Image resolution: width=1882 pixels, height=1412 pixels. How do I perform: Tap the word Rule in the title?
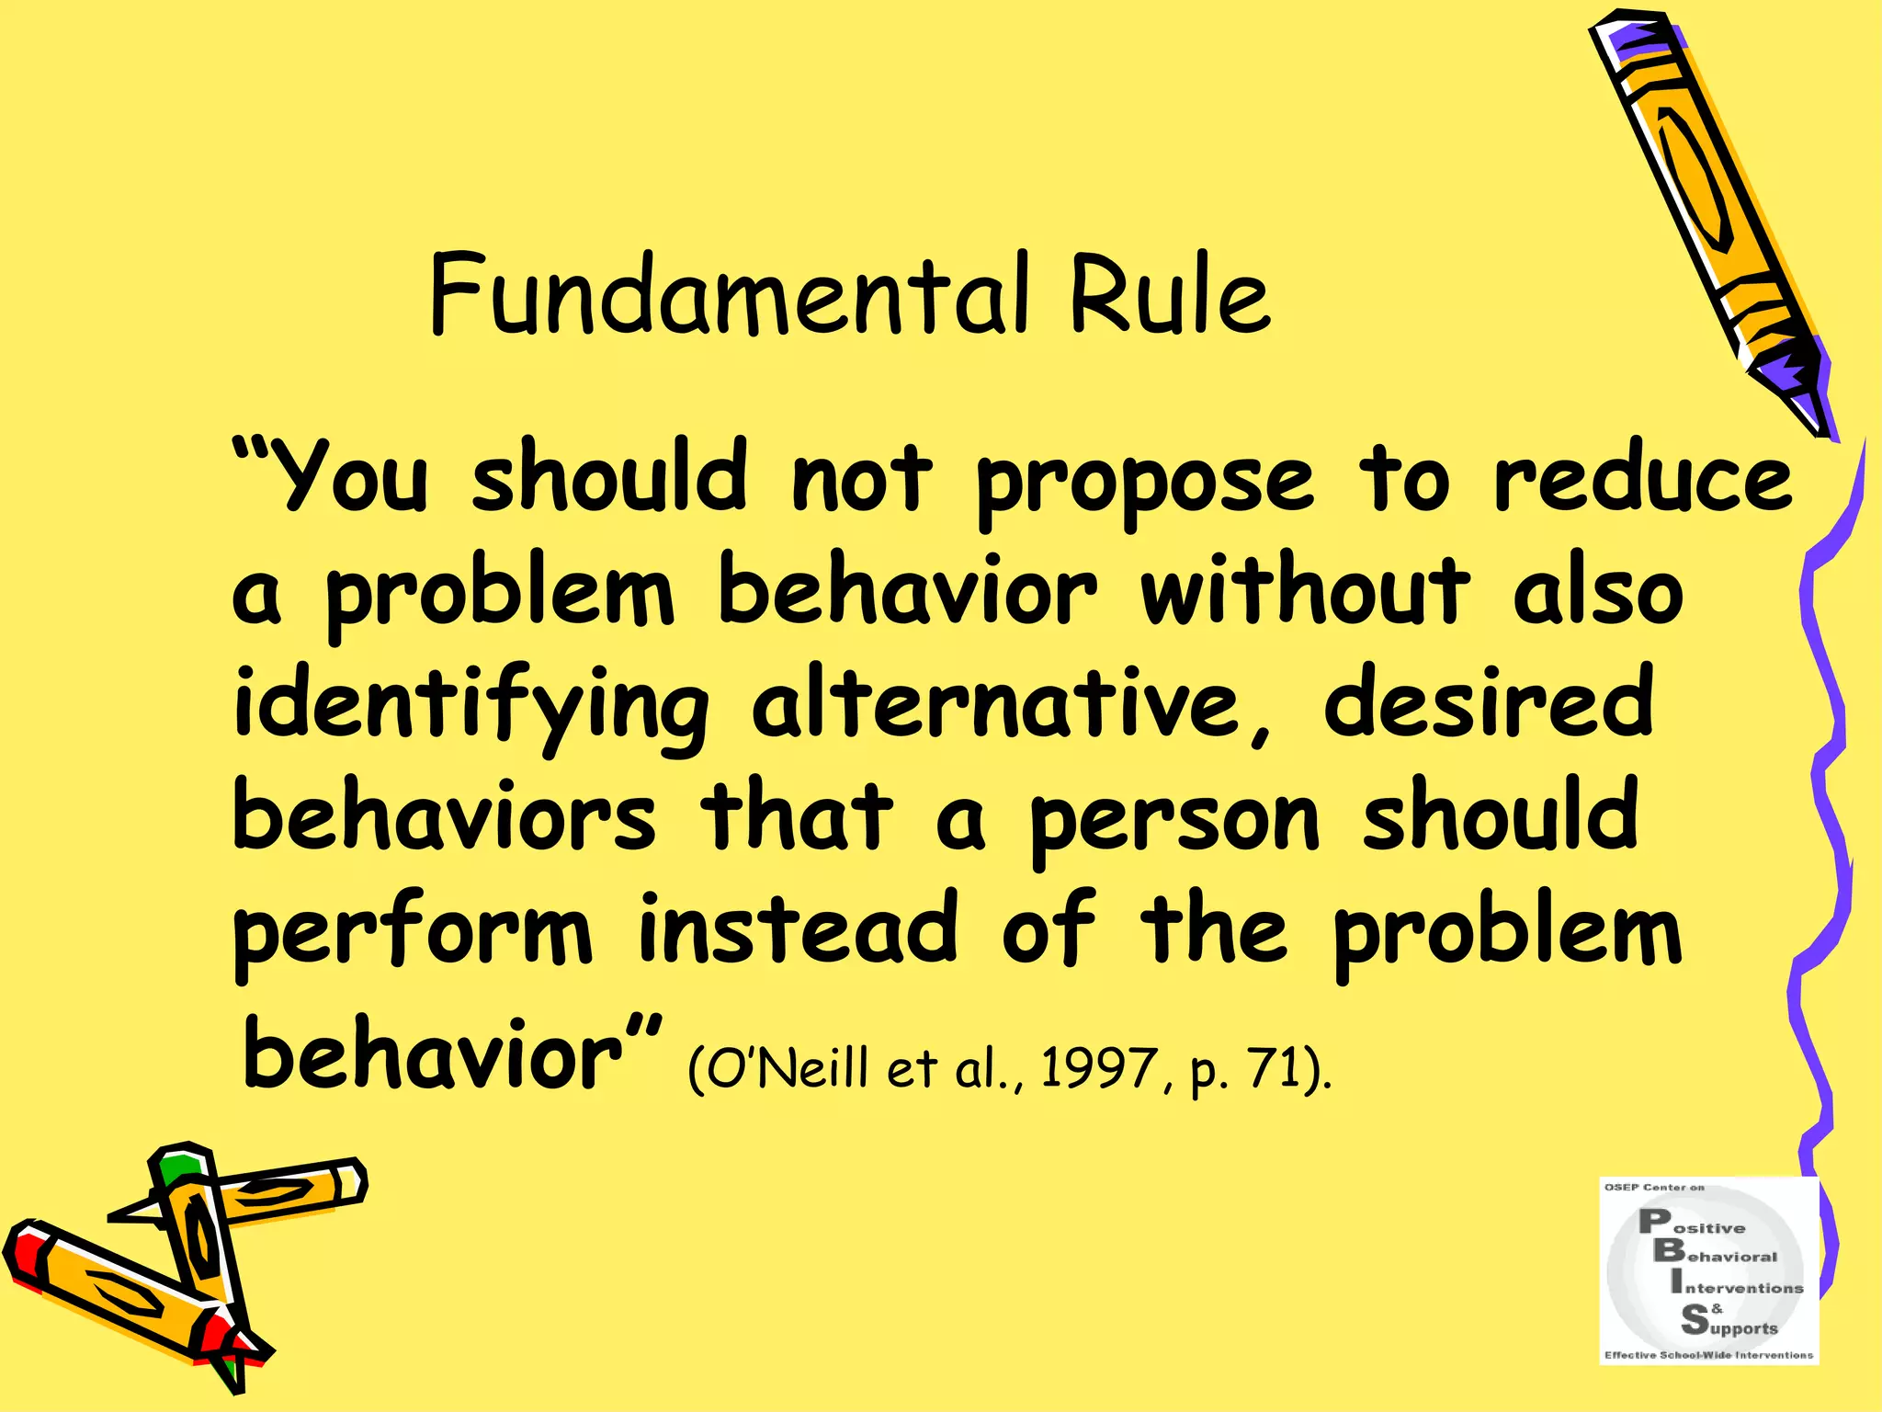pos(1169,294)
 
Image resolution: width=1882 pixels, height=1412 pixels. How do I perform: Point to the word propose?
pos(1144,483)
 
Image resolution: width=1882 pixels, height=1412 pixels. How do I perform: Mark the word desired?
pos(1489,703)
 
